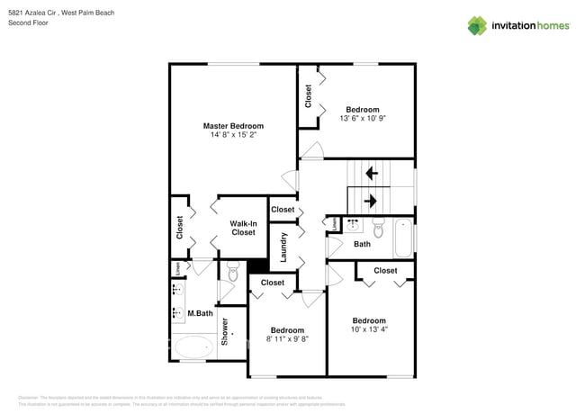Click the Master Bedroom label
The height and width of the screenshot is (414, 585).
click(x=233, y=126)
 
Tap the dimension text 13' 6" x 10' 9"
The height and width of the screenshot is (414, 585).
click(x=363, y=119)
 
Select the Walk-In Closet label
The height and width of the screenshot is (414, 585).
click(x=243, y=228)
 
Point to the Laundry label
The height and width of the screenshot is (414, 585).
click(x=283, y=247)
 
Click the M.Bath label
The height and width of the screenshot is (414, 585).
click(x=199, y=314)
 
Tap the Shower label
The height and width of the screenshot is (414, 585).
click(x=225, y=331)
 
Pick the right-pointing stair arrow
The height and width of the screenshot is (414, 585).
click(x=370, y=200)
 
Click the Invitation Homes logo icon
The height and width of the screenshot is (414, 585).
click(x=477, y=26)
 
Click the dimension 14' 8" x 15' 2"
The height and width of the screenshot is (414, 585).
click(x=233, y=135)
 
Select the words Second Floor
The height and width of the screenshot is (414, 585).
click(x=28, y=22)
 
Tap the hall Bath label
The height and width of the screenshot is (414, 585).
click(x=362, y=244)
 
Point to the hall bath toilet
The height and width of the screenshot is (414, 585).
click(x=379, y=229)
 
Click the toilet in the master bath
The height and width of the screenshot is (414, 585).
click(x=232, y=274)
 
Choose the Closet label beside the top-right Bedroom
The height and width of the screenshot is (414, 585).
click(x=309, y=95)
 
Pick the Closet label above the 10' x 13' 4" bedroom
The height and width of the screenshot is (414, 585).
click(x=385, y=270)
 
